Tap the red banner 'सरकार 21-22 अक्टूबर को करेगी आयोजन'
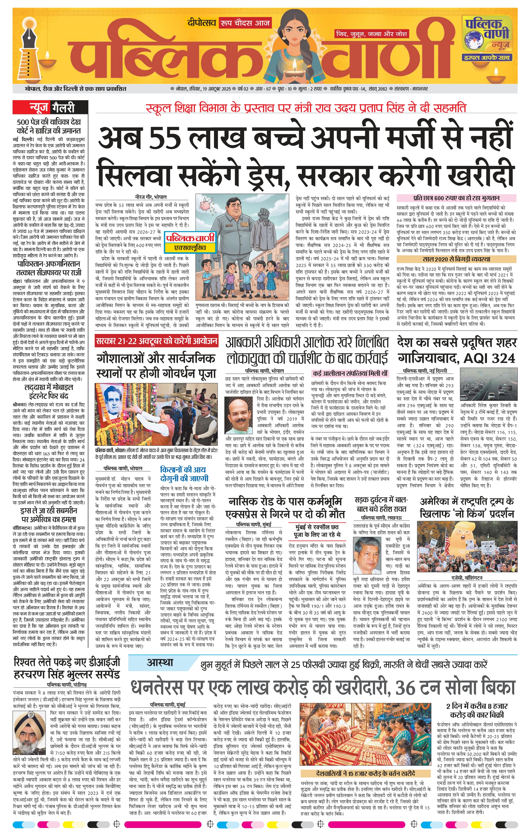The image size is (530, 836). point(156,341)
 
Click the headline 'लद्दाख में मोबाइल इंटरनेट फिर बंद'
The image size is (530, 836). point(49,392)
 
